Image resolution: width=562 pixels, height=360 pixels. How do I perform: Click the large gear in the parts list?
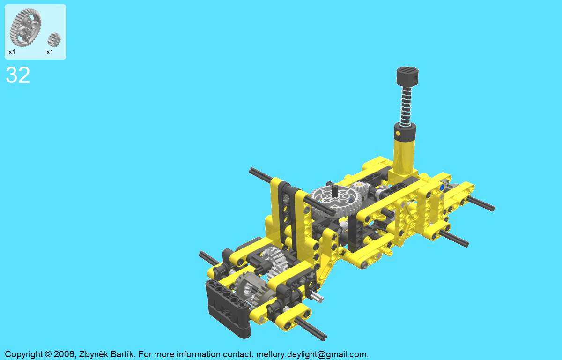coord(26,27)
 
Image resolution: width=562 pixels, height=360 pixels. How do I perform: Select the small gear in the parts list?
coord(54,40)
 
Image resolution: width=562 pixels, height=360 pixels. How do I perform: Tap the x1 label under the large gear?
coord(12,52)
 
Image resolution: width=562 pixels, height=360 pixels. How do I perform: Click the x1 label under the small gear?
coord(50,52)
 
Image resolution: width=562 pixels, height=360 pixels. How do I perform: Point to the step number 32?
coord(18,75)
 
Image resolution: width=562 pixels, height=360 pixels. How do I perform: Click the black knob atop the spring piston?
coord(407,76)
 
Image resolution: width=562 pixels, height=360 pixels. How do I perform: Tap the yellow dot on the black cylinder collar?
coord(398,133)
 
